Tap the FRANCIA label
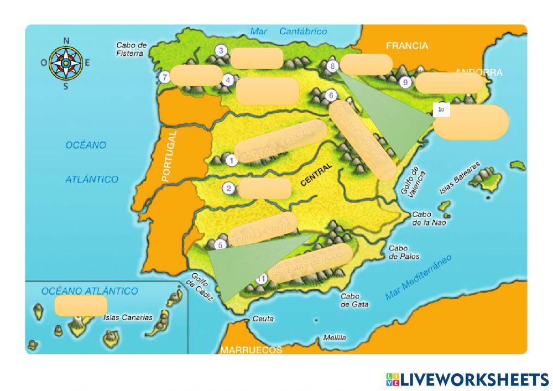tap(407, 46)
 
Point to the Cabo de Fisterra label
tap(131, 49)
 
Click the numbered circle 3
tap(221, 51)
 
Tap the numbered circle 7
tap(164, 77)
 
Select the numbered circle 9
tap(405, 82)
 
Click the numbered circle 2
tap(228, 188)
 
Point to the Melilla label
tap(335, 337)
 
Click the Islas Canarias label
tap(127, 317)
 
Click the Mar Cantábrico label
tap(288, 32)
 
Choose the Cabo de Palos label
tap(404, 252)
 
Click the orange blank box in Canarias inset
tap(81, 305)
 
